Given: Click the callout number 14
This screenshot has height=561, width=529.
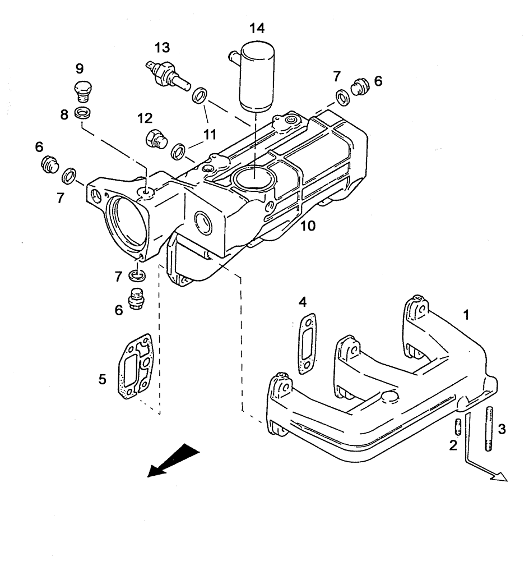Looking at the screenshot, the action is pos(258,27).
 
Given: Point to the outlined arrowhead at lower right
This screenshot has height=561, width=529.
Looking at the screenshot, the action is pos(498,476).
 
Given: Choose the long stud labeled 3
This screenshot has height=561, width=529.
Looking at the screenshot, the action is pos(489,429).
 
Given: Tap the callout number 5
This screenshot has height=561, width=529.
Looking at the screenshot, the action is pos(103,379).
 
